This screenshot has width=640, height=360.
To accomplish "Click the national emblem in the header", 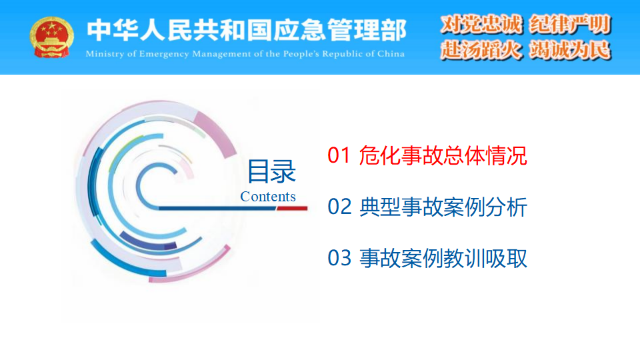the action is click(x=51, y=37).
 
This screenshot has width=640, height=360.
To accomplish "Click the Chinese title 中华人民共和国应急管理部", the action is click(x=247, y=30).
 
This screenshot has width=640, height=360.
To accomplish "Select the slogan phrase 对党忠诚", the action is click(x=481, y=25).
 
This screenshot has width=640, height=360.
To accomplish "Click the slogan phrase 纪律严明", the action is click(x=570, y=25).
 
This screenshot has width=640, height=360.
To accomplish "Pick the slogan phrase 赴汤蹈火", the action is click(x=481, y=50).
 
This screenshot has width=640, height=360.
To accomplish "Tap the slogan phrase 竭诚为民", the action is click(x=570, y=50).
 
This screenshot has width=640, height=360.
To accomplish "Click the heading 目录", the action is click(x=271, y=171).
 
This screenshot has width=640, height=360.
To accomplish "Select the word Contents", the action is click(x=268, y=196).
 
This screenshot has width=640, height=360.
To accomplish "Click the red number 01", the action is click(x=339, y=155).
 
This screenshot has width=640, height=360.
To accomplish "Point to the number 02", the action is click(x=339, y=207).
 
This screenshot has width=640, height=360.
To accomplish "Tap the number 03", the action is click(x=339, y=258).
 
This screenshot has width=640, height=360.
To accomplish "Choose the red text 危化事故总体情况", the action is click(x=443, y=155).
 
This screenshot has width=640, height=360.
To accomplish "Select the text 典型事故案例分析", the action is click(x=443, y=207).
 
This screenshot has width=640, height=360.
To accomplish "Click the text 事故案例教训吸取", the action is click(x=443, y=259).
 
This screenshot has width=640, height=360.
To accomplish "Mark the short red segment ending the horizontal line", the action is click(x=292, y=209).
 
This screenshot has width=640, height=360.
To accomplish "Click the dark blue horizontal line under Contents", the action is click(x=217, y=209).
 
